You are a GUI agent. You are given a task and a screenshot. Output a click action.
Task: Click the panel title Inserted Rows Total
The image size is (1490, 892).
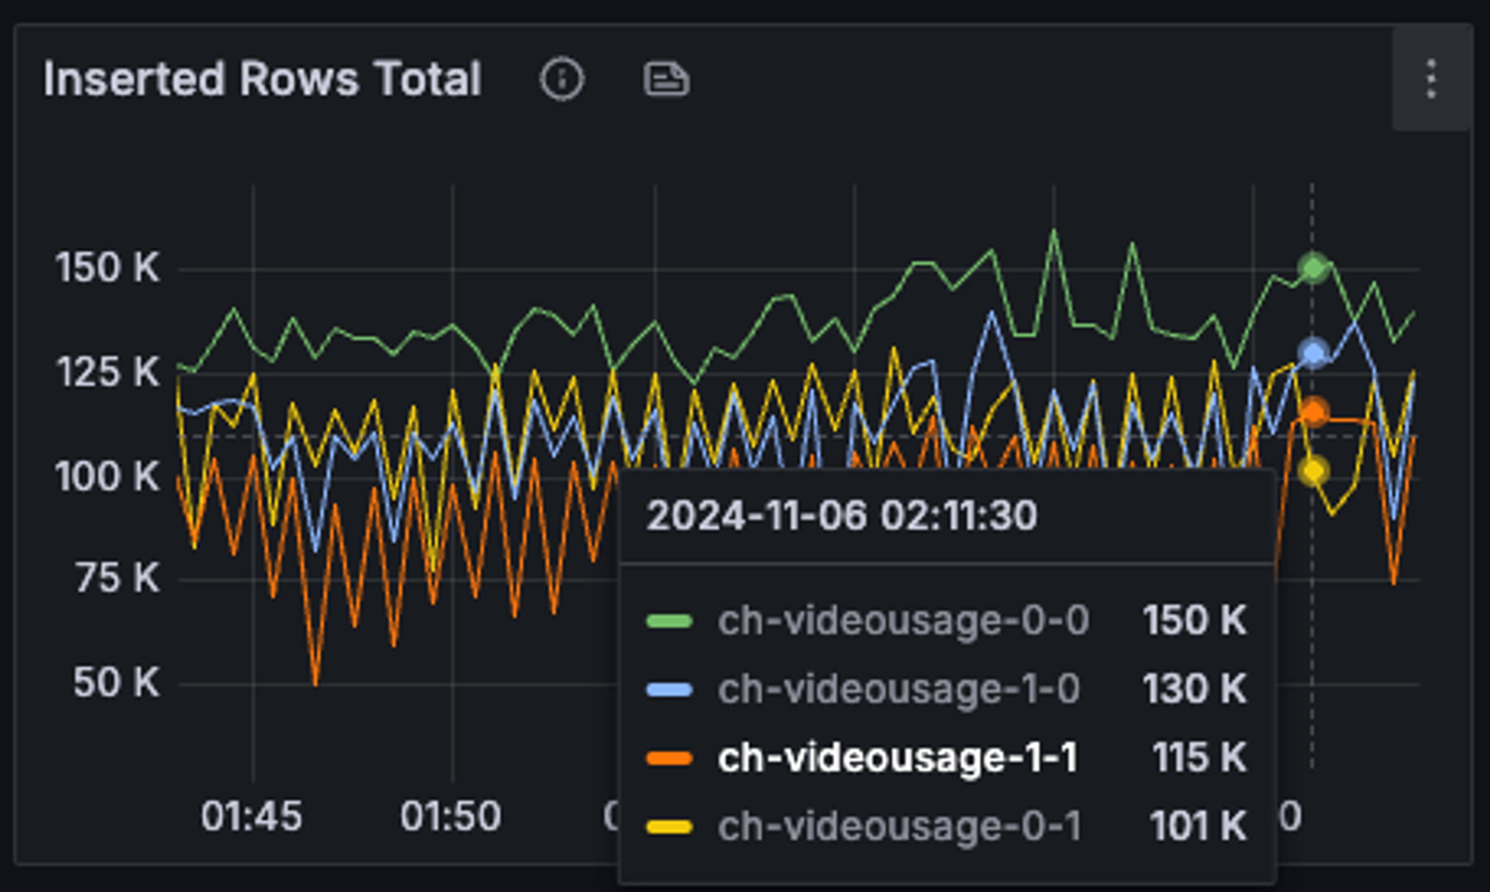pos(262,79)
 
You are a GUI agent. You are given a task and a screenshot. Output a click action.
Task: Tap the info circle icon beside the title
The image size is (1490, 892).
pos(561,79)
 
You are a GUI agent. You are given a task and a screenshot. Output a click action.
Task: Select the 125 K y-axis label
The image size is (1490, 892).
pos(107,372)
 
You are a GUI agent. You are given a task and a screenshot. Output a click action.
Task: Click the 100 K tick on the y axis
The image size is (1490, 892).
pos(107,477)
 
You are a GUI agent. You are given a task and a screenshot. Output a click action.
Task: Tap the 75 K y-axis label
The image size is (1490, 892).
pos(117,579)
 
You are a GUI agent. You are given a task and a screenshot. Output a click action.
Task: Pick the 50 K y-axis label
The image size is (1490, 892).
pos(116,683)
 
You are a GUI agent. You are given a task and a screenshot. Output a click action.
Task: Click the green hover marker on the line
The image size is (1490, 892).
pos(1313,267)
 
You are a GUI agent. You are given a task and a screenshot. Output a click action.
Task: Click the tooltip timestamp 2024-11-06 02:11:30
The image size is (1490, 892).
pos(842,516)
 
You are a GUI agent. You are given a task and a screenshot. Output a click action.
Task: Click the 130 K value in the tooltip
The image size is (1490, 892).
pos(1194,688)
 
